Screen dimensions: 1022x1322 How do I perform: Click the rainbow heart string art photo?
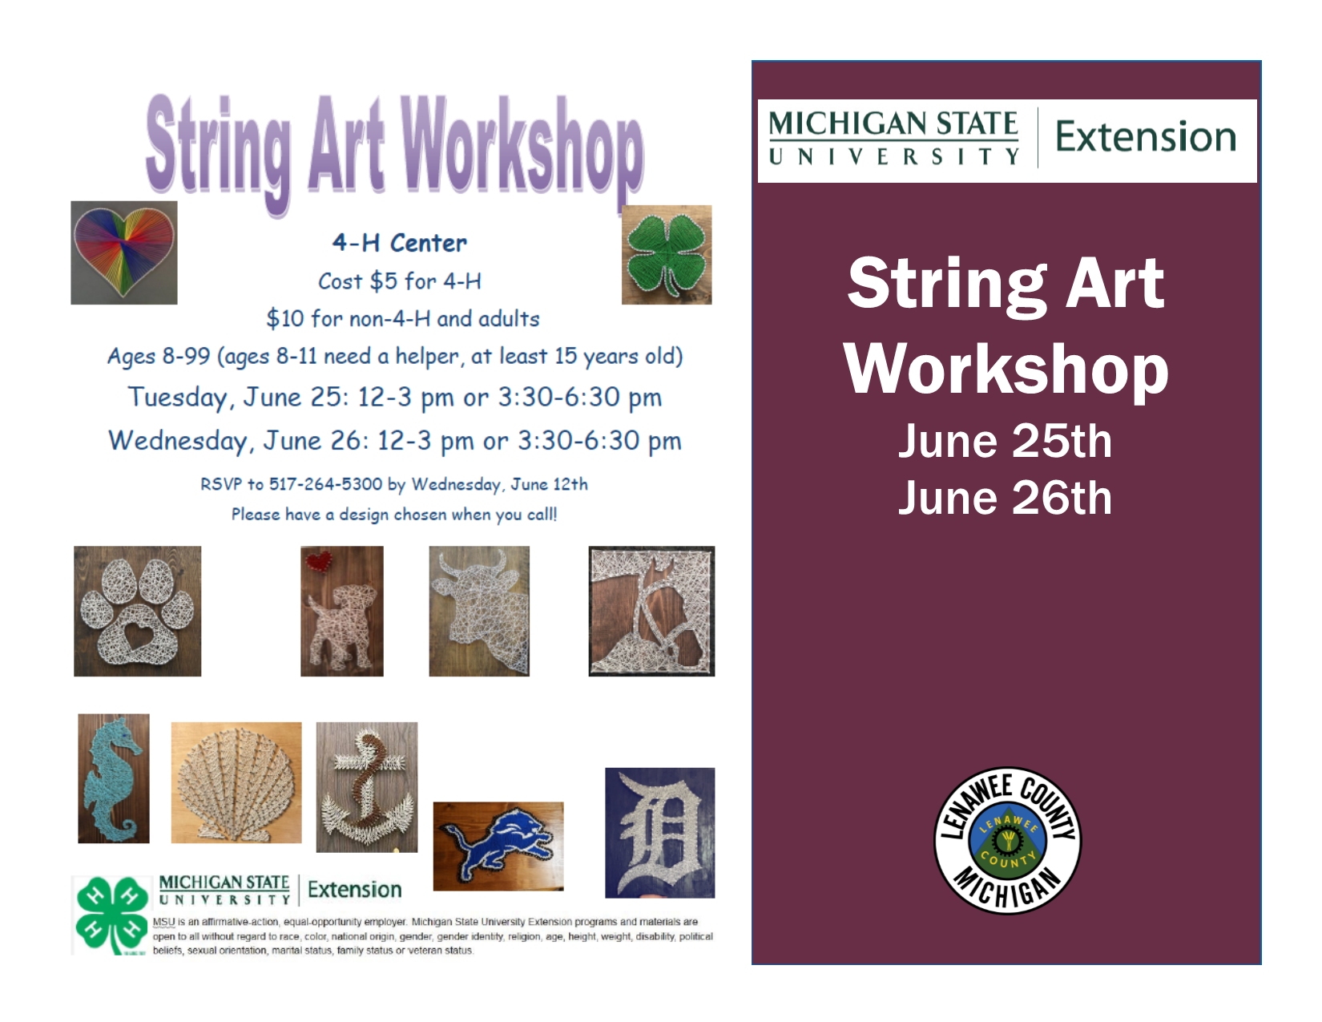[x=124, y=252]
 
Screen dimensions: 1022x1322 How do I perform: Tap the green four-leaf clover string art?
[x=667, y=255]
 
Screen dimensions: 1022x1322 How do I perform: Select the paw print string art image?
[x=137, y=611]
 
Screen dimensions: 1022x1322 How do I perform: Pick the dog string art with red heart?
[x=342, y=611]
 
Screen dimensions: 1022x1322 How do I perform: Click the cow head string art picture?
[x=479, y=611]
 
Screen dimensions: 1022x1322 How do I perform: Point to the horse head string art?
[x=651, y=611]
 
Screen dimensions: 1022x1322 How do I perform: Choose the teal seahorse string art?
[x=114, y=778]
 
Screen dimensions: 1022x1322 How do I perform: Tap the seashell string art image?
[x=236, y=782]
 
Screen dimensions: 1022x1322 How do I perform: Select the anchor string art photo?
[x=367, y=787]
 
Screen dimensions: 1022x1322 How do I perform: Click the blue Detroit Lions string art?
[x=498, y=846]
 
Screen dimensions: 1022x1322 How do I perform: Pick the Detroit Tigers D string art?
[x=659, y=832]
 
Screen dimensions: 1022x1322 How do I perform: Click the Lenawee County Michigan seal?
[x=1007, y=841]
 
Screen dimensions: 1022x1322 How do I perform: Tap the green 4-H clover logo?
[x=111, y=915]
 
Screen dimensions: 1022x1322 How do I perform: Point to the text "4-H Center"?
[x=400, y=243]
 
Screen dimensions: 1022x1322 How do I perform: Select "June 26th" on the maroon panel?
[x=1005, y=498]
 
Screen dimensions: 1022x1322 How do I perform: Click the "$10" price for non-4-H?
[x=285, y=319]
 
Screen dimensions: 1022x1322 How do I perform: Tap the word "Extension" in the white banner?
[x=1146, y=137]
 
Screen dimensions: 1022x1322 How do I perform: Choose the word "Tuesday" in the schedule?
[x=177, y=398]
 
